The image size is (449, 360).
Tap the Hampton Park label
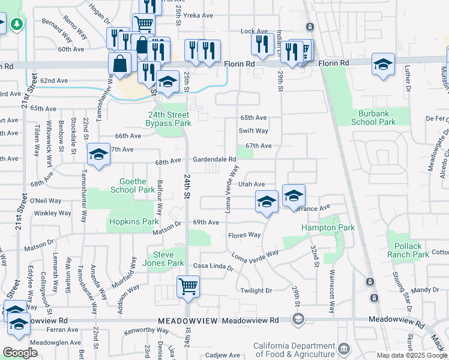click(328, 228)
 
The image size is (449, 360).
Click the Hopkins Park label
click(134, 221)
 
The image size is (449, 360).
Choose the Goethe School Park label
click(133, 185)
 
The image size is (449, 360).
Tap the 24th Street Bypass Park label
click(168, 119)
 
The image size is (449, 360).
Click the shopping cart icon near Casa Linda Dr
click(188, 286)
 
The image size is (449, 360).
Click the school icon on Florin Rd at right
click(383, 64)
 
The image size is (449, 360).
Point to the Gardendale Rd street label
click(214, 160)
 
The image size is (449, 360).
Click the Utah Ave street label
click(252, 184)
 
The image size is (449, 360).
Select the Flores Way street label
click(244, 235)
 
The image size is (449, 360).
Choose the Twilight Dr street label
click(256, 290)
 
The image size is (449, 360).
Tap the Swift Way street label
click(253, 130)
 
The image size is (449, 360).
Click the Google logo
click(20, 353)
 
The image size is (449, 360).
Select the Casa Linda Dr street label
click(212, 265)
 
